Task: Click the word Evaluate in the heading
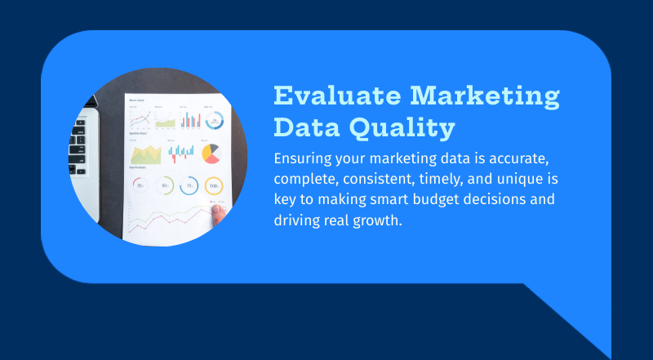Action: point(335,96)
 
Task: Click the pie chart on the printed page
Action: point(211,153)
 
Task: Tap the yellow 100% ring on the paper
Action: point(214,186)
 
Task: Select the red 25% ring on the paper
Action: point(140,186)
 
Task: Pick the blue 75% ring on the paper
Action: point(189,186)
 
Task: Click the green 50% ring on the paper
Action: point(164,186)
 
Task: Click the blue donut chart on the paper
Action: point(215,120)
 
